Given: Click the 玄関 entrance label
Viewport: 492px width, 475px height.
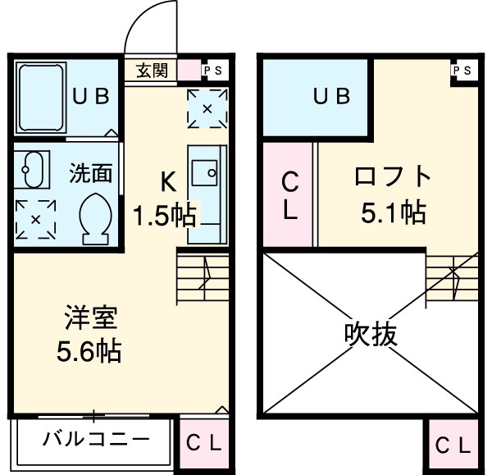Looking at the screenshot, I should [x=152, y=71].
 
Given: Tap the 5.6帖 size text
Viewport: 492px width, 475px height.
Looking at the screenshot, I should [x=89, y=352].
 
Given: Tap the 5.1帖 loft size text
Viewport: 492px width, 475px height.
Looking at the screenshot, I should [x=393, y=213].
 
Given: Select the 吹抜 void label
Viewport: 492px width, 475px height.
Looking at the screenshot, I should [x=370, y=334].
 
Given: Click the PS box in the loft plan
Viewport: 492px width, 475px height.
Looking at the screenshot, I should [x=462, y=71].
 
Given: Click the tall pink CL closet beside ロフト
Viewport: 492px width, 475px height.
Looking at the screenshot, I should [x=289, y=194].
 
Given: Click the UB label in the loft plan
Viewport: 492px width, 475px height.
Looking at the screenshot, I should [x=332, y=96].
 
